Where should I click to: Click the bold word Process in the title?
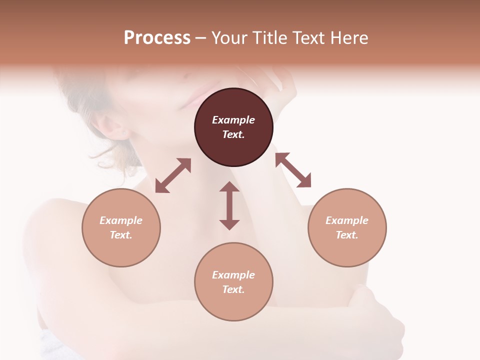(x=157, y=38)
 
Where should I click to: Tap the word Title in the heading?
(x=269, y=38)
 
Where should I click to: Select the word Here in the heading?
(x=349, y=38)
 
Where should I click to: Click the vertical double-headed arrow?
(x=229, y=205)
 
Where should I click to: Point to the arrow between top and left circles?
(x=173, y=175)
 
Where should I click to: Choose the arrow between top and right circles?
(x=293, y=170)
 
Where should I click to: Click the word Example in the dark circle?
(x=233, y=120)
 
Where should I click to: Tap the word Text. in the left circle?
(x=121, y=235)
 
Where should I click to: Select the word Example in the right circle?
(x=347, y=220)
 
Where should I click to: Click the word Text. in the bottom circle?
(x=233, y=289)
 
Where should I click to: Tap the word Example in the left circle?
(x=121, y=220)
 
